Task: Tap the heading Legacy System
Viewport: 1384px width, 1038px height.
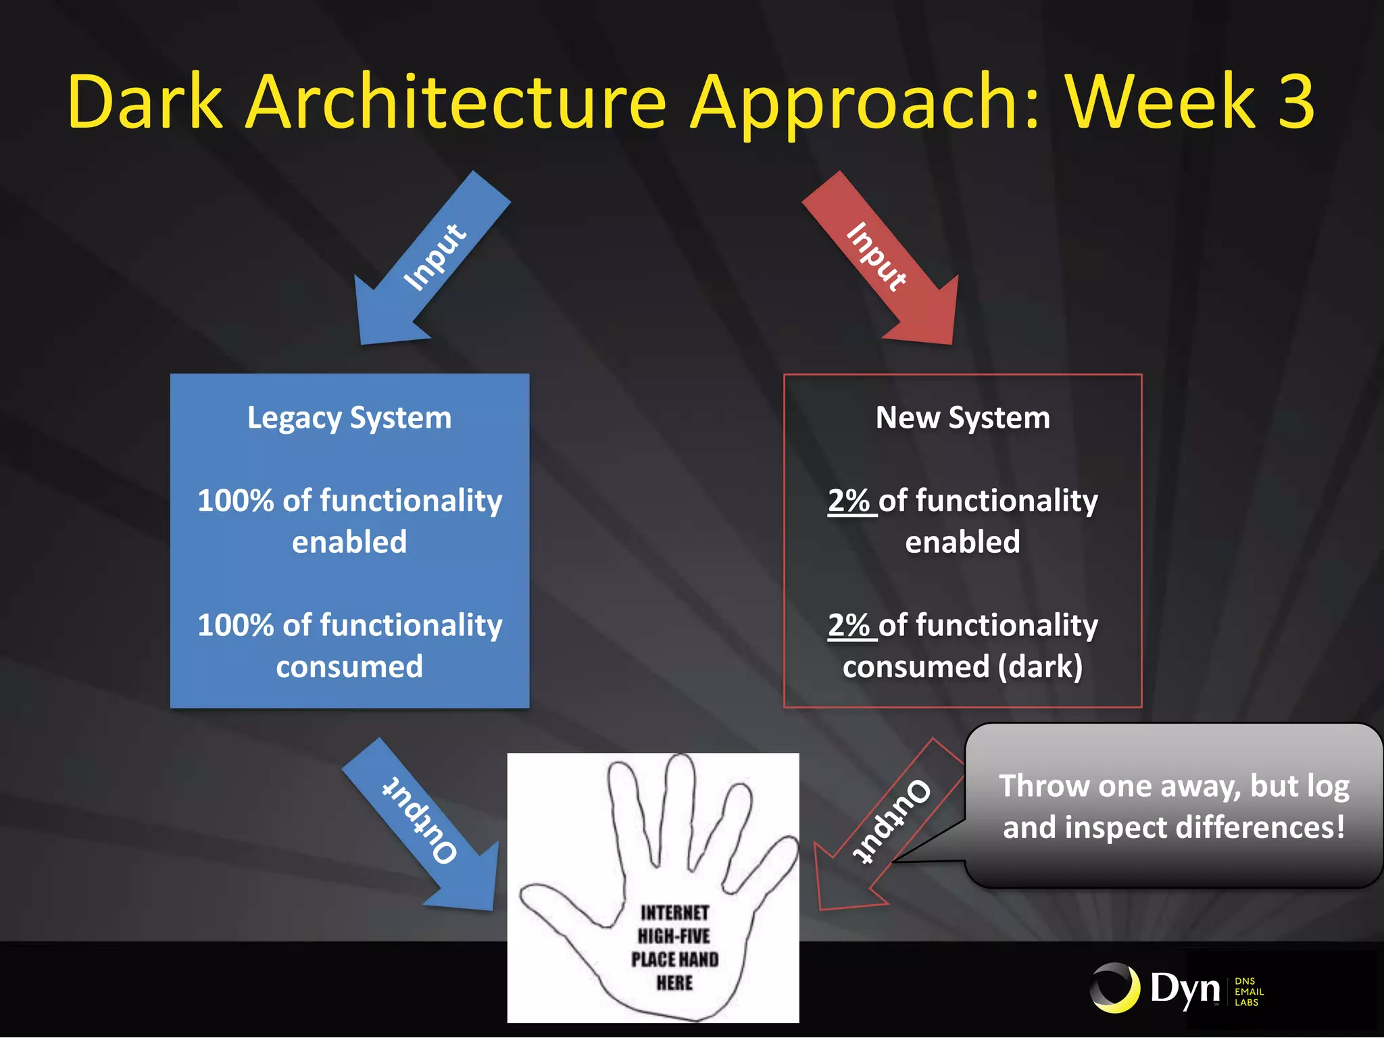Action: click(349, 418)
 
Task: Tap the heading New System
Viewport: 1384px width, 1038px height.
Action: click(963, 418)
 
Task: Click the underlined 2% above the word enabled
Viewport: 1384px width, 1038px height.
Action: click(849, 501)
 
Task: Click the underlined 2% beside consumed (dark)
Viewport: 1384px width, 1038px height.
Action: click(849, 625)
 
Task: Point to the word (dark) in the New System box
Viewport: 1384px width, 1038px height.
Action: click(1041, 667)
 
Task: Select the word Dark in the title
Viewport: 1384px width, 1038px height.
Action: click(145, 101)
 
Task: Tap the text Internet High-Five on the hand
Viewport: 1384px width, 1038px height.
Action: click(674, 924)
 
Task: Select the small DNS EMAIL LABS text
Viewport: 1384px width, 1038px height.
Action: click(1248, 991)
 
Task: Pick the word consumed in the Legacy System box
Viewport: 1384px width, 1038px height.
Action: click(349, 667)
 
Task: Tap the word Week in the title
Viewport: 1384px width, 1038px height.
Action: click(1160, 101)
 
